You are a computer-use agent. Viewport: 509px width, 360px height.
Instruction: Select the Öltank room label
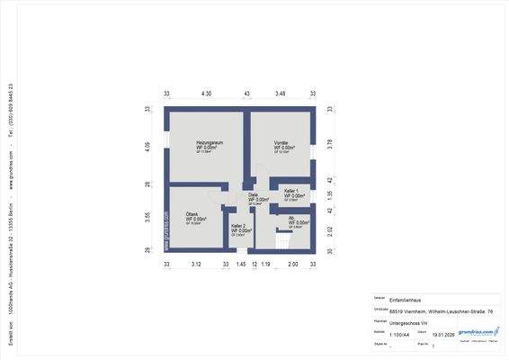tap(192, 214)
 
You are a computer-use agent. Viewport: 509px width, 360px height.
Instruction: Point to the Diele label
tap(254, 194)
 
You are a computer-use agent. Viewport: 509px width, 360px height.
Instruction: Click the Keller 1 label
tap(291, 191)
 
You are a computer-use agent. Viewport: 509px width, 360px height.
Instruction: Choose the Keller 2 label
tap(238, 226)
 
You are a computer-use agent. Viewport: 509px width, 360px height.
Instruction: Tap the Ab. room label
tap(292, 218)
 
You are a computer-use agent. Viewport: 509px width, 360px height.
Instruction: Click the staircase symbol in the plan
tap(284, 240)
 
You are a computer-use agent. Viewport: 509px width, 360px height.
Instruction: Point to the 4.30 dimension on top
tap(206, 94)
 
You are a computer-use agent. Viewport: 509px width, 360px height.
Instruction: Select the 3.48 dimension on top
tap(281, 94)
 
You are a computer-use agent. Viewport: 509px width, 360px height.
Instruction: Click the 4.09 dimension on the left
tap(148, 145)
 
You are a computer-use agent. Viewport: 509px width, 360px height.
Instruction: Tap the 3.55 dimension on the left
tap(148, 216)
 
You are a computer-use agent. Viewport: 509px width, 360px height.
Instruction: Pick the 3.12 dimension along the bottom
tap(197, 265)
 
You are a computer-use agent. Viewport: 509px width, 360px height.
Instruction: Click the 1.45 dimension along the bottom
tap(240, 265)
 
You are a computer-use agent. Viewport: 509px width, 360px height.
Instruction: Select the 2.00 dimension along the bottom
tap(292, 265)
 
